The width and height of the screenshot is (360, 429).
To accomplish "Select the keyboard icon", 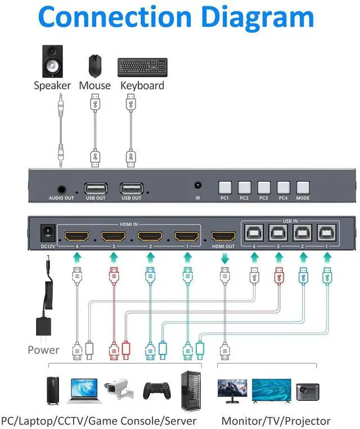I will [142, 68].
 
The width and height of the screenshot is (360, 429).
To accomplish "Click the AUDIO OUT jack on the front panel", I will [61, 189].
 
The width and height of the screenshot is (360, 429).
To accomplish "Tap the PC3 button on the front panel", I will [264, 187].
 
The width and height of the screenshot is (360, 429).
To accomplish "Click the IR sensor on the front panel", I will [197, 185].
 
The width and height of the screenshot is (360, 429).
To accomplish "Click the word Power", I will [43, 350].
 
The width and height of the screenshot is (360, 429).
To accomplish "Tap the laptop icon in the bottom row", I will [86, 390].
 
